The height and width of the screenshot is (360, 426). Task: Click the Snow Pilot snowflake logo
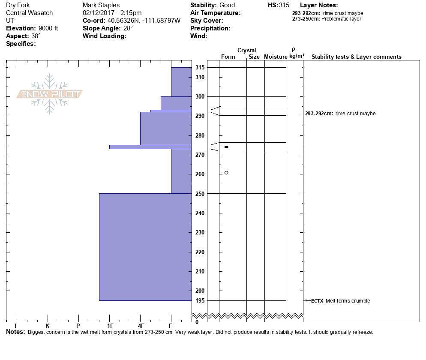(50, 94)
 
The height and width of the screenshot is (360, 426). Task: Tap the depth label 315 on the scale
(200, 68)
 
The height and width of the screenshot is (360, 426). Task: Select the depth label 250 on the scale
(200, 194)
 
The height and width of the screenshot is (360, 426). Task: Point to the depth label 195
(200, 300)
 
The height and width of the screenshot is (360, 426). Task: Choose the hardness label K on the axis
(47, 326)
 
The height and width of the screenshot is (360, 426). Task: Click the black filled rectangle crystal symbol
(226, 147)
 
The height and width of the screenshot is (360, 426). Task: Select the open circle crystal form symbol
(226, 173)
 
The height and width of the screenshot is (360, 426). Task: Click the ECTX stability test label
(317, 301)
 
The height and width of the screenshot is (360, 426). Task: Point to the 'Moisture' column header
(276, 57)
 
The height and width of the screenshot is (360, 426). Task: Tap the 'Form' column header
(228, 57)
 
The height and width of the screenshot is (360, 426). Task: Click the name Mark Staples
(101, 5)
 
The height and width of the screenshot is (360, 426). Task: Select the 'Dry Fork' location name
(18, 5)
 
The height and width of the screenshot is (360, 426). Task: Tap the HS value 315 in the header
(284, 5)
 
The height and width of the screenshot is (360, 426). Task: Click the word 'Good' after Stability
(227, 5)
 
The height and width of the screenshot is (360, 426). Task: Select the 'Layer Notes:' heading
(319, 5)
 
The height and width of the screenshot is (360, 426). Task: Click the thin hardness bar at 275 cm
(150, 147)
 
